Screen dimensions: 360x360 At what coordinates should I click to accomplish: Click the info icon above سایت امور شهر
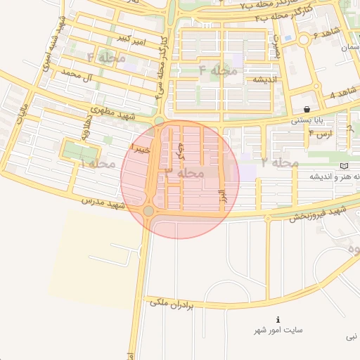coord(278,319)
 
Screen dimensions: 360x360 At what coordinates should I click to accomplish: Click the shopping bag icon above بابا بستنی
coord(308,109)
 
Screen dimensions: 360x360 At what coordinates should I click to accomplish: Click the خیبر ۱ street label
coord(139,148)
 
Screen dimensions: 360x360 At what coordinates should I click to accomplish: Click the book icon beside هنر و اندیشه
coord(343,165)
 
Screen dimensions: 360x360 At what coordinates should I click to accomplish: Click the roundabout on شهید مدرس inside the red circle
coord(148,211)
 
